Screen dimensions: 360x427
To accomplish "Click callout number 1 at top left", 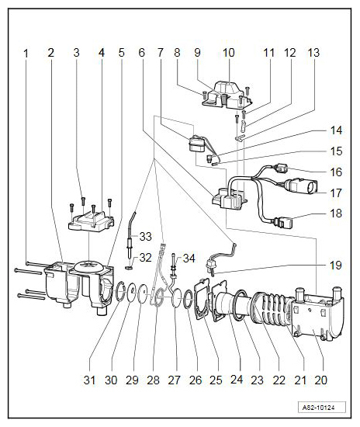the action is [26, 54].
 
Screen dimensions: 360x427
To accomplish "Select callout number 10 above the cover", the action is [229, 53].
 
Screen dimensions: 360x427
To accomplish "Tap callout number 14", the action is [336, 130].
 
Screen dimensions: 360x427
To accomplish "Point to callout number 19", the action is [335, 265].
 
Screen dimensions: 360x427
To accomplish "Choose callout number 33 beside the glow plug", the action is [145, 236].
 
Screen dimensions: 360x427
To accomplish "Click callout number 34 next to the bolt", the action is [189, 258].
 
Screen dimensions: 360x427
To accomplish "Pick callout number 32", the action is [145, 257].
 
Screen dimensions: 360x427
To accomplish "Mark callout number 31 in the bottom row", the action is [89, 380].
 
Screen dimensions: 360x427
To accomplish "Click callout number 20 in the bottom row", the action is [320, 380].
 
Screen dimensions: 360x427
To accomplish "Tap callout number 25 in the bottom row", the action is [216, 380].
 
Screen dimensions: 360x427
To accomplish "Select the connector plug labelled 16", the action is [281, 168].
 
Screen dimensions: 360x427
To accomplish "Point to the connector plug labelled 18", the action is [283, 222].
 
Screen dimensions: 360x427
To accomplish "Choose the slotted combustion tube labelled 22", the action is [271, 308].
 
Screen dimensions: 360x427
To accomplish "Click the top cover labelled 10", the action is [227, 95].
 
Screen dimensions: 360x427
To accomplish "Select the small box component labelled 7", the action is [196, 144].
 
